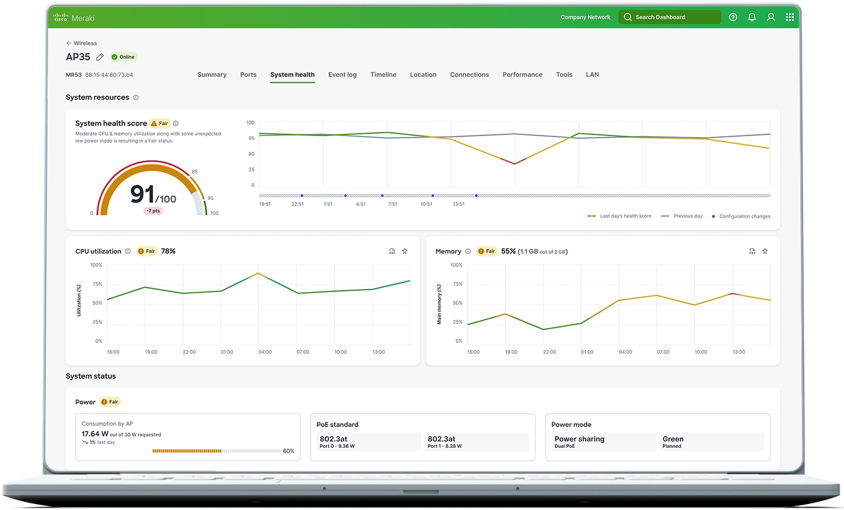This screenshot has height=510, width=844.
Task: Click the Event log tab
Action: point(342,75)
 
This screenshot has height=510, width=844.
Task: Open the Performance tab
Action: point(522,75)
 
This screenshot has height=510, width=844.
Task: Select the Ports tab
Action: point(248,75)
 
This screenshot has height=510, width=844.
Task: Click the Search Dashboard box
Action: point(669,17)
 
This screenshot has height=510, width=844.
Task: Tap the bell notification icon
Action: point(752,17)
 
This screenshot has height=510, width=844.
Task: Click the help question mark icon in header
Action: point(733,17)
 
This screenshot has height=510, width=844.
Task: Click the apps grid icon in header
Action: point(790,17)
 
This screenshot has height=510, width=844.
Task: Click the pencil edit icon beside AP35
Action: point(100,57)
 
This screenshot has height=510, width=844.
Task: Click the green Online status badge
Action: point(124,57)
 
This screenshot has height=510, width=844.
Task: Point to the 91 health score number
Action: point(142,195)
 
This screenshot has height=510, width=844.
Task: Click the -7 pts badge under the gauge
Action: point(153,211)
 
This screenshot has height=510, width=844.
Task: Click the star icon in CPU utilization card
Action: point(405,251)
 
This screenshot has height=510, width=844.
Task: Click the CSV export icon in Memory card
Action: point(752,251)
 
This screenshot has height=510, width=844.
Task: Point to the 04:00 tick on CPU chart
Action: point(265,352)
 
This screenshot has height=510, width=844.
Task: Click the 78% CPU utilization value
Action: point(168,251)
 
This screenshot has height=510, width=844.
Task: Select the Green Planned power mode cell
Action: point(711,442)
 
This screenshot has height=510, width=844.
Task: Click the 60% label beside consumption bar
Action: point(289,451)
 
